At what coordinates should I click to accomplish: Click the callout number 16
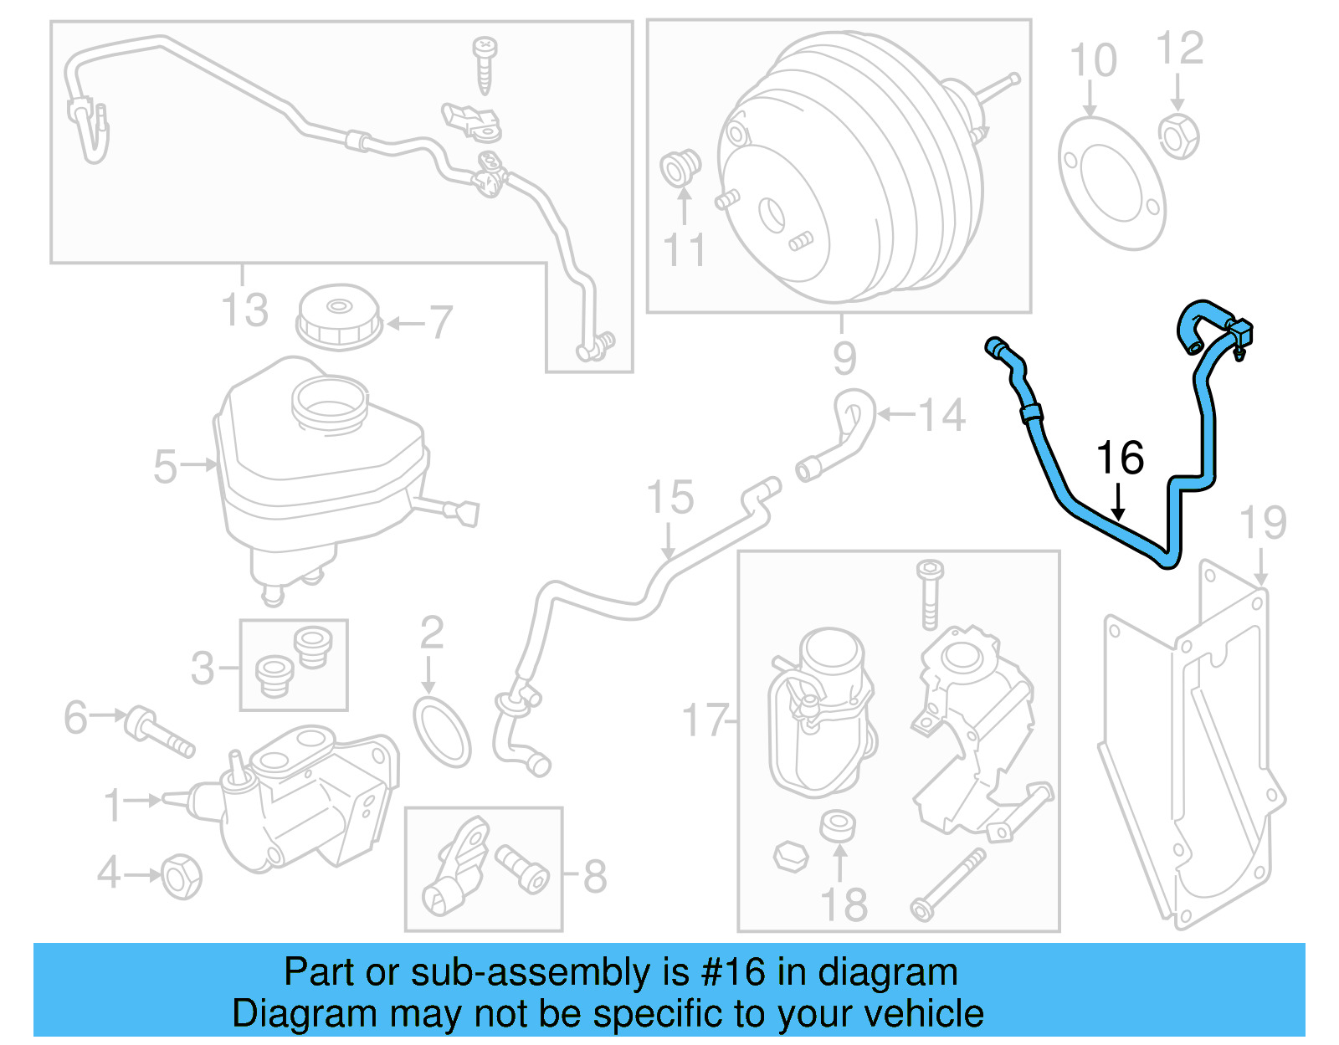tap(1120, 458)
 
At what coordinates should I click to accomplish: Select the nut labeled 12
tap(1178, 136)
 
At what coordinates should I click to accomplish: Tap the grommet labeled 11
tap(680, 167)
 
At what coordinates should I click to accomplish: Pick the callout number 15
tap(670, 497)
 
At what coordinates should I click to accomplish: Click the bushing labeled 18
tap(838, 826)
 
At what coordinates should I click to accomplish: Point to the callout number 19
tap(1262, 522)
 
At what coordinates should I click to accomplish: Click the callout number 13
tap(244, 310)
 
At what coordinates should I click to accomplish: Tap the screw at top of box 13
tap(485, 63)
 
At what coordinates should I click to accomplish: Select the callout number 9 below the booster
tap(844, 357)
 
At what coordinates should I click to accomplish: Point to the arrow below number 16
tap(1118, 505)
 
